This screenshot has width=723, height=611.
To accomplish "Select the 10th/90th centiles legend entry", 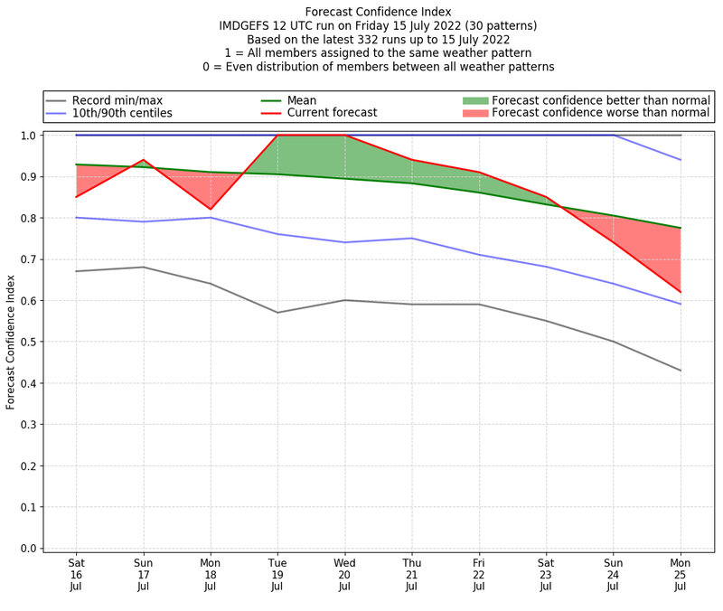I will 122,113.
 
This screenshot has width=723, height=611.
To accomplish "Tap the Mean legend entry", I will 302,99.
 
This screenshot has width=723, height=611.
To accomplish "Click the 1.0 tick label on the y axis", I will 30,136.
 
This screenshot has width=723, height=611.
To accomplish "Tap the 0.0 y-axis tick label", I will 30,549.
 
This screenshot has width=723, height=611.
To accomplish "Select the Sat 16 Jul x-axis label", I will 76,573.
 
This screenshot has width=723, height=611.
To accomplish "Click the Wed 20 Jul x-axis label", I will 344,573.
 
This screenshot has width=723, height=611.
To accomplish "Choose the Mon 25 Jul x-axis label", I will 680,573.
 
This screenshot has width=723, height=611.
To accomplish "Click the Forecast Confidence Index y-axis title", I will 12,342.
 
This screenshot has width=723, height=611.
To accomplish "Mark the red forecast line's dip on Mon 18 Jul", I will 211,210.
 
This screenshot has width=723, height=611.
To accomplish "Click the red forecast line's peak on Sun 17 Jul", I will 143,160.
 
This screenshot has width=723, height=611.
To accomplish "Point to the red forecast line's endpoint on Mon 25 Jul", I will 680,292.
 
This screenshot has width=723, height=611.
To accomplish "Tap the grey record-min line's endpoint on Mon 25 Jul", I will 680,371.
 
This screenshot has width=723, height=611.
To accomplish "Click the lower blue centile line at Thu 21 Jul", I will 411,239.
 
